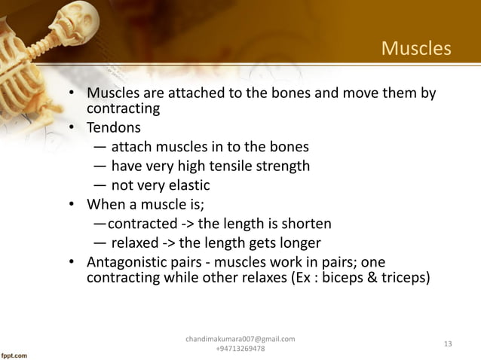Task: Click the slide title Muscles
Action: coord(415,49)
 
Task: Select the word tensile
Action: coord(226,166)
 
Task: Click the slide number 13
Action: coord(448,344)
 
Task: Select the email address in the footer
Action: coord(240,340)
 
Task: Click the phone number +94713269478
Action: coord(240,349)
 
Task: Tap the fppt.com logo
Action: coord(15,352)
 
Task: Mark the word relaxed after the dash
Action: coord(135,243)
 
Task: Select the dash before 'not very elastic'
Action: coord(100,185)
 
